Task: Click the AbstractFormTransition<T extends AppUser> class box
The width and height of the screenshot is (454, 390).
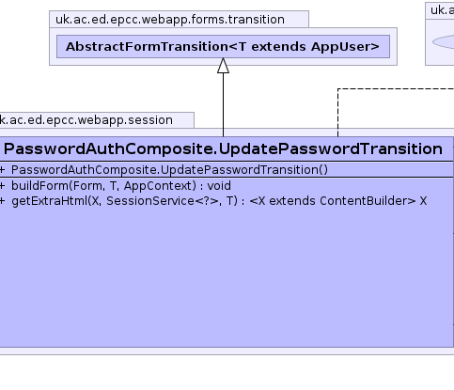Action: [223, 46]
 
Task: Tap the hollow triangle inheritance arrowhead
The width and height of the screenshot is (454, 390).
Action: [223, 66]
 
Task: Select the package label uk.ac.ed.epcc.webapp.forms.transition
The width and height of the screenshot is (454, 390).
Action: [170, 20]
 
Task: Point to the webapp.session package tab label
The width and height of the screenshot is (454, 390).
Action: [86, 120]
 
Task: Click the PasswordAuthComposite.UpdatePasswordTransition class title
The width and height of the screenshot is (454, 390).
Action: [223, 148]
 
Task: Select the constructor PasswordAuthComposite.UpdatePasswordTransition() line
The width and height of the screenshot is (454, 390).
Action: [169, 170]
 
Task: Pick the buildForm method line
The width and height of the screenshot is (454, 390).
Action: [121, 186]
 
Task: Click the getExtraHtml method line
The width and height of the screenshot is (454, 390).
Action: [219, 201]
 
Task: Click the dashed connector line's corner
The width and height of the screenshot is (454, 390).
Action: [337, 89]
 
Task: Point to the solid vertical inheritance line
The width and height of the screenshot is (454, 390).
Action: [223, 104]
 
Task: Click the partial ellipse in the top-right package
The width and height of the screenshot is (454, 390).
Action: [443, 42]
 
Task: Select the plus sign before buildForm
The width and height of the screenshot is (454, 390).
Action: [2, 186]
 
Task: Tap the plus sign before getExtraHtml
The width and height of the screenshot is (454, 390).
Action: [2, 201]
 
